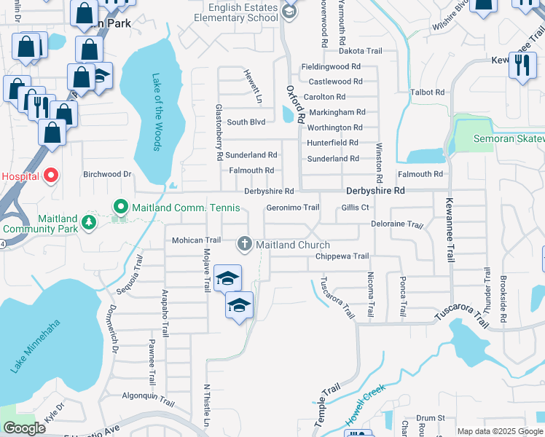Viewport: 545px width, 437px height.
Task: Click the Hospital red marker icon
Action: coord(50,175)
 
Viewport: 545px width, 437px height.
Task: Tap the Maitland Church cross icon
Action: coord(245,243)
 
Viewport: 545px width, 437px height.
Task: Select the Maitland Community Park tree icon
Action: coord(89,221)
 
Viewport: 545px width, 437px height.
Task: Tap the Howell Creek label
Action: coord(365,409)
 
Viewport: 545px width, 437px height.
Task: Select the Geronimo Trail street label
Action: coord(293,208)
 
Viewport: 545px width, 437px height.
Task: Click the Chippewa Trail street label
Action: coord(342,256)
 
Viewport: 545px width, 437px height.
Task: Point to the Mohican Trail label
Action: coord(196,240)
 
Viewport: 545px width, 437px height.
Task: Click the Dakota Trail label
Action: coord(361,51)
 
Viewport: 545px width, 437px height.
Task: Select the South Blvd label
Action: coord(246,122)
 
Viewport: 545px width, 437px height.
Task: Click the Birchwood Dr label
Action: coord(106,175)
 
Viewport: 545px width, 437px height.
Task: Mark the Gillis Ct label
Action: coord(356,208)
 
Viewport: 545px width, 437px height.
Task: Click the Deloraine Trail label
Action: coord(396,224)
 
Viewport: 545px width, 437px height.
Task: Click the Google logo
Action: coord(24,428)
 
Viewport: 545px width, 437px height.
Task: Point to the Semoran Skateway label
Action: coord(509,138)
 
